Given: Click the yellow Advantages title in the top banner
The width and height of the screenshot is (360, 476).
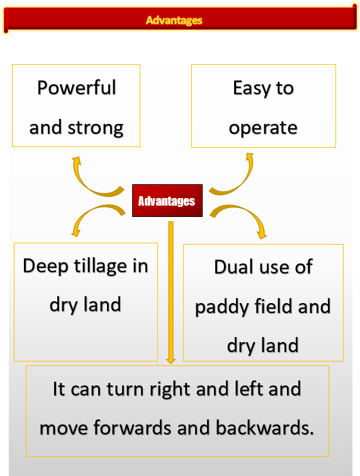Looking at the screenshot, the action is click(x=174, y=20).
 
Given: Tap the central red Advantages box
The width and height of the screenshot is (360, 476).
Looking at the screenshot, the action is click(x=167, y=201).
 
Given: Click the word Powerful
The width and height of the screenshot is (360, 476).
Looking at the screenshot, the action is click(x=77, y=88).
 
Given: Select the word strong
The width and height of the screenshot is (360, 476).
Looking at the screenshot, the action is click(x=96, y=128).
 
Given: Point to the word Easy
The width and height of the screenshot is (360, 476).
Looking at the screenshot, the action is click(x=252, y=89).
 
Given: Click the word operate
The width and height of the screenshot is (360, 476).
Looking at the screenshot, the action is click(x=263, y=128).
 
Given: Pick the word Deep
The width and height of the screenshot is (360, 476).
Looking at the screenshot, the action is click(x=45, y=267).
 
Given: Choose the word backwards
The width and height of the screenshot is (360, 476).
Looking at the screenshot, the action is click(x=264, y=428).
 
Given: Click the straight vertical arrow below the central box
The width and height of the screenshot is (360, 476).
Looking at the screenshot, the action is click(x=171, y=292).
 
